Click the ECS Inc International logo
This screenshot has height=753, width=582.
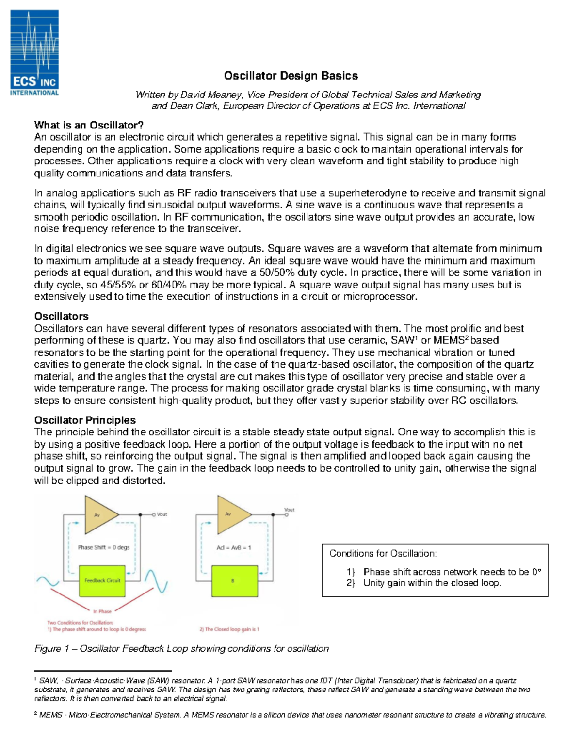(x=34, y=52)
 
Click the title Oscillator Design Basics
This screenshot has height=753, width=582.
(x=291, y=76)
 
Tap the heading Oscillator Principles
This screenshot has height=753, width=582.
(x=85, y=420)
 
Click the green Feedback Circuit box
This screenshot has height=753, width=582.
(x=102, y=580)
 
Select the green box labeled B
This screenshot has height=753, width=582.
(x=233, y=580)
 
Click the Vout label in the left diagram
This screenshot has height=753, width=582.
(x=162, y=514)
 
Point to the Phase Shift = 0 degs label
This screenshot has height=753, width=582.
(x=104, y=547)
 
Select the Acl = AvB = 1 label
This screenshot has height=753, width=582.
(x=234, y=547)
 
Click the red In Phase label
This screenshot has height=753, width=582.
(x=102, y=611)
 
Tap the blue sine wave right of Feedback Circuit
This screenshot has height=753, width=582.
(x=156, y=581)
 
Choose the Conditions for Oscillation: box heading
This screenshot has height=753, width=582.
(x=383, y=554)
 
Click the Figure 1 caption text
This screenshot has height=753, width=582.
(x=181, y=649)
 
